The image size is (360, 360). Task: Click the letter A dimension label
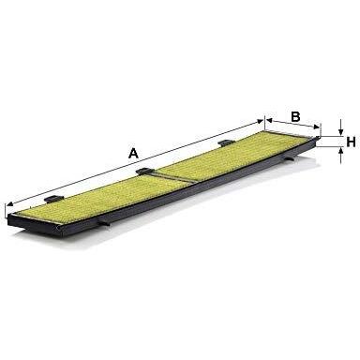point(134,153)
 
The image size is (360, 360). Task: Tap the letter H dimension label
point(350,142)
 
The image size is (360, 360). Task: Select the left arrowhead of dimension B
point(269,123)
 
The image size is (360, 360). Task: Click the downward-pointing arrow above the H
point(338,131)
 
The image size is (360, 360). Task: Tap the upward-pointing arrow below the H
point(338,150)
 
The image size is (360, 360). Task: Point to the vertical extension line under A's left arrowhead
point(7,211)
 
